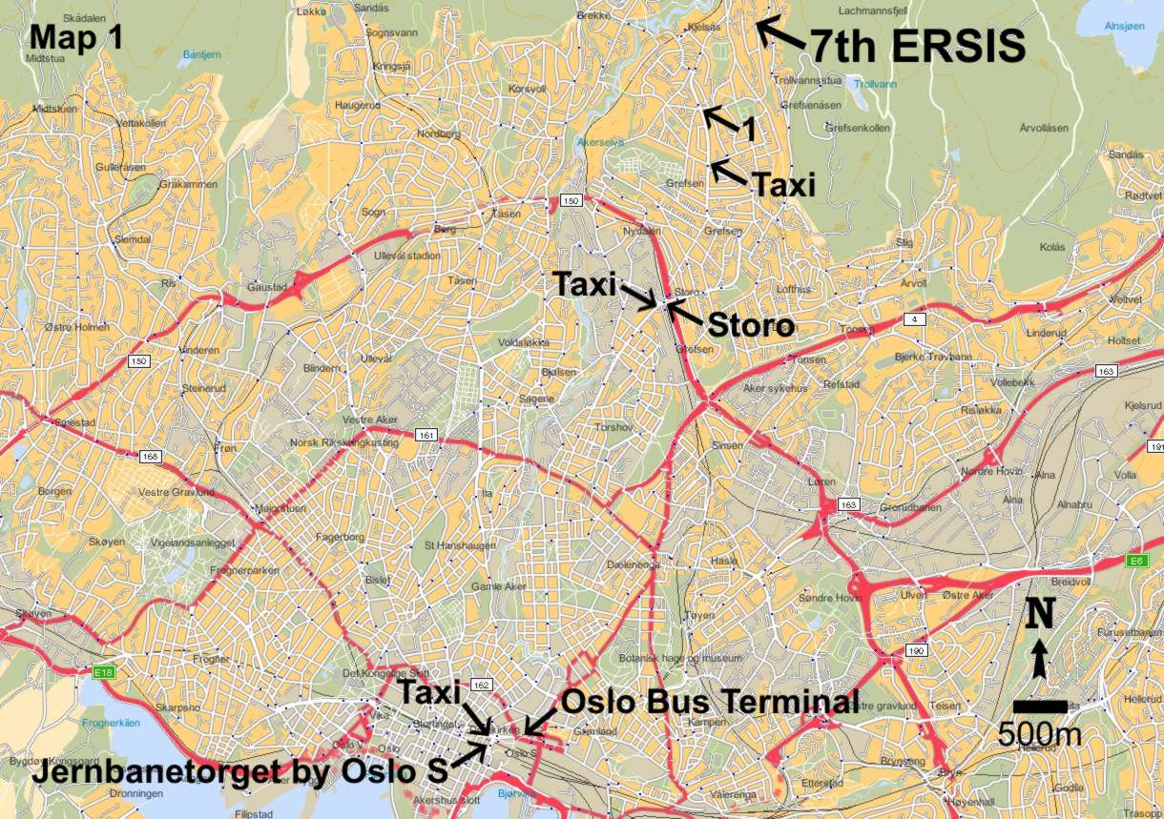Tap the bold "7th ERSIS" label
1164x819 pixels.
click(x=918, y=45)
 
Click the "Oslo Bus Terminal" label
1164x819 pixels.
click(x=710, y=701)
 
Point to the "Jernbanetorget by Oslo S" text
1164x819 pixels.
click(x=226, y=772)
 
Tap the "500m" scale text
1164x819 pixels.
click(x=1039, y=734)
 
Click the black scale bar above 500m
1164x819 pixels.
click(x=1040, y=706)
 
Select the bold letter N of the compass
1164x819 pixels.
click(x=1040, y=615)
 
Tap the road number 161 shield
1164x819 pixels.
click(x=426, y=436)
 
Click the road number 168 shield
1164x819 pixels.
click(x=150, y=457)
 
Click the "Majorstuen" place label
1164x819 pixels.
click(x=280, y=508)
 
